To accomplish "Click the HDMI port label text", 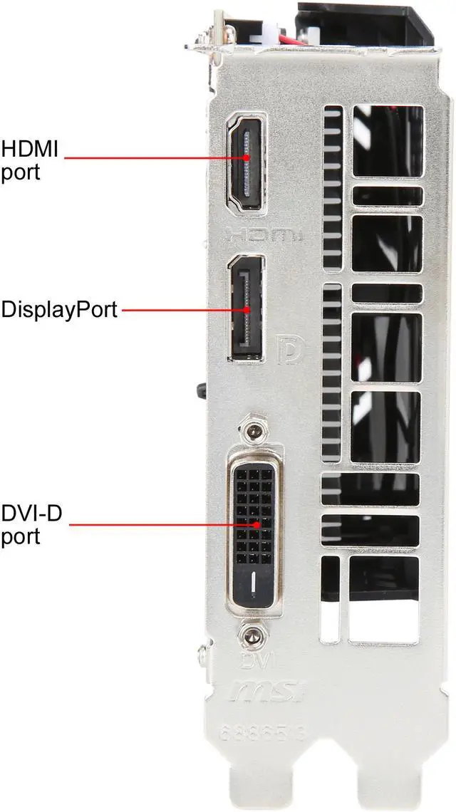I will (x=29, y=160).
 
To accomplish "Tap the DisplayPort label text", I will (x=59, y=310).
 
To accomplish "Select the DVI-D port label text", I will (x=31, y=524).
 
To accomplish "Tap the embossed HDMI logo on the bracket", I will (x=264, y=234).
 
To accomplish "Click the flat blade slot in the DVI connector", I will (x=253, y=585).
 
